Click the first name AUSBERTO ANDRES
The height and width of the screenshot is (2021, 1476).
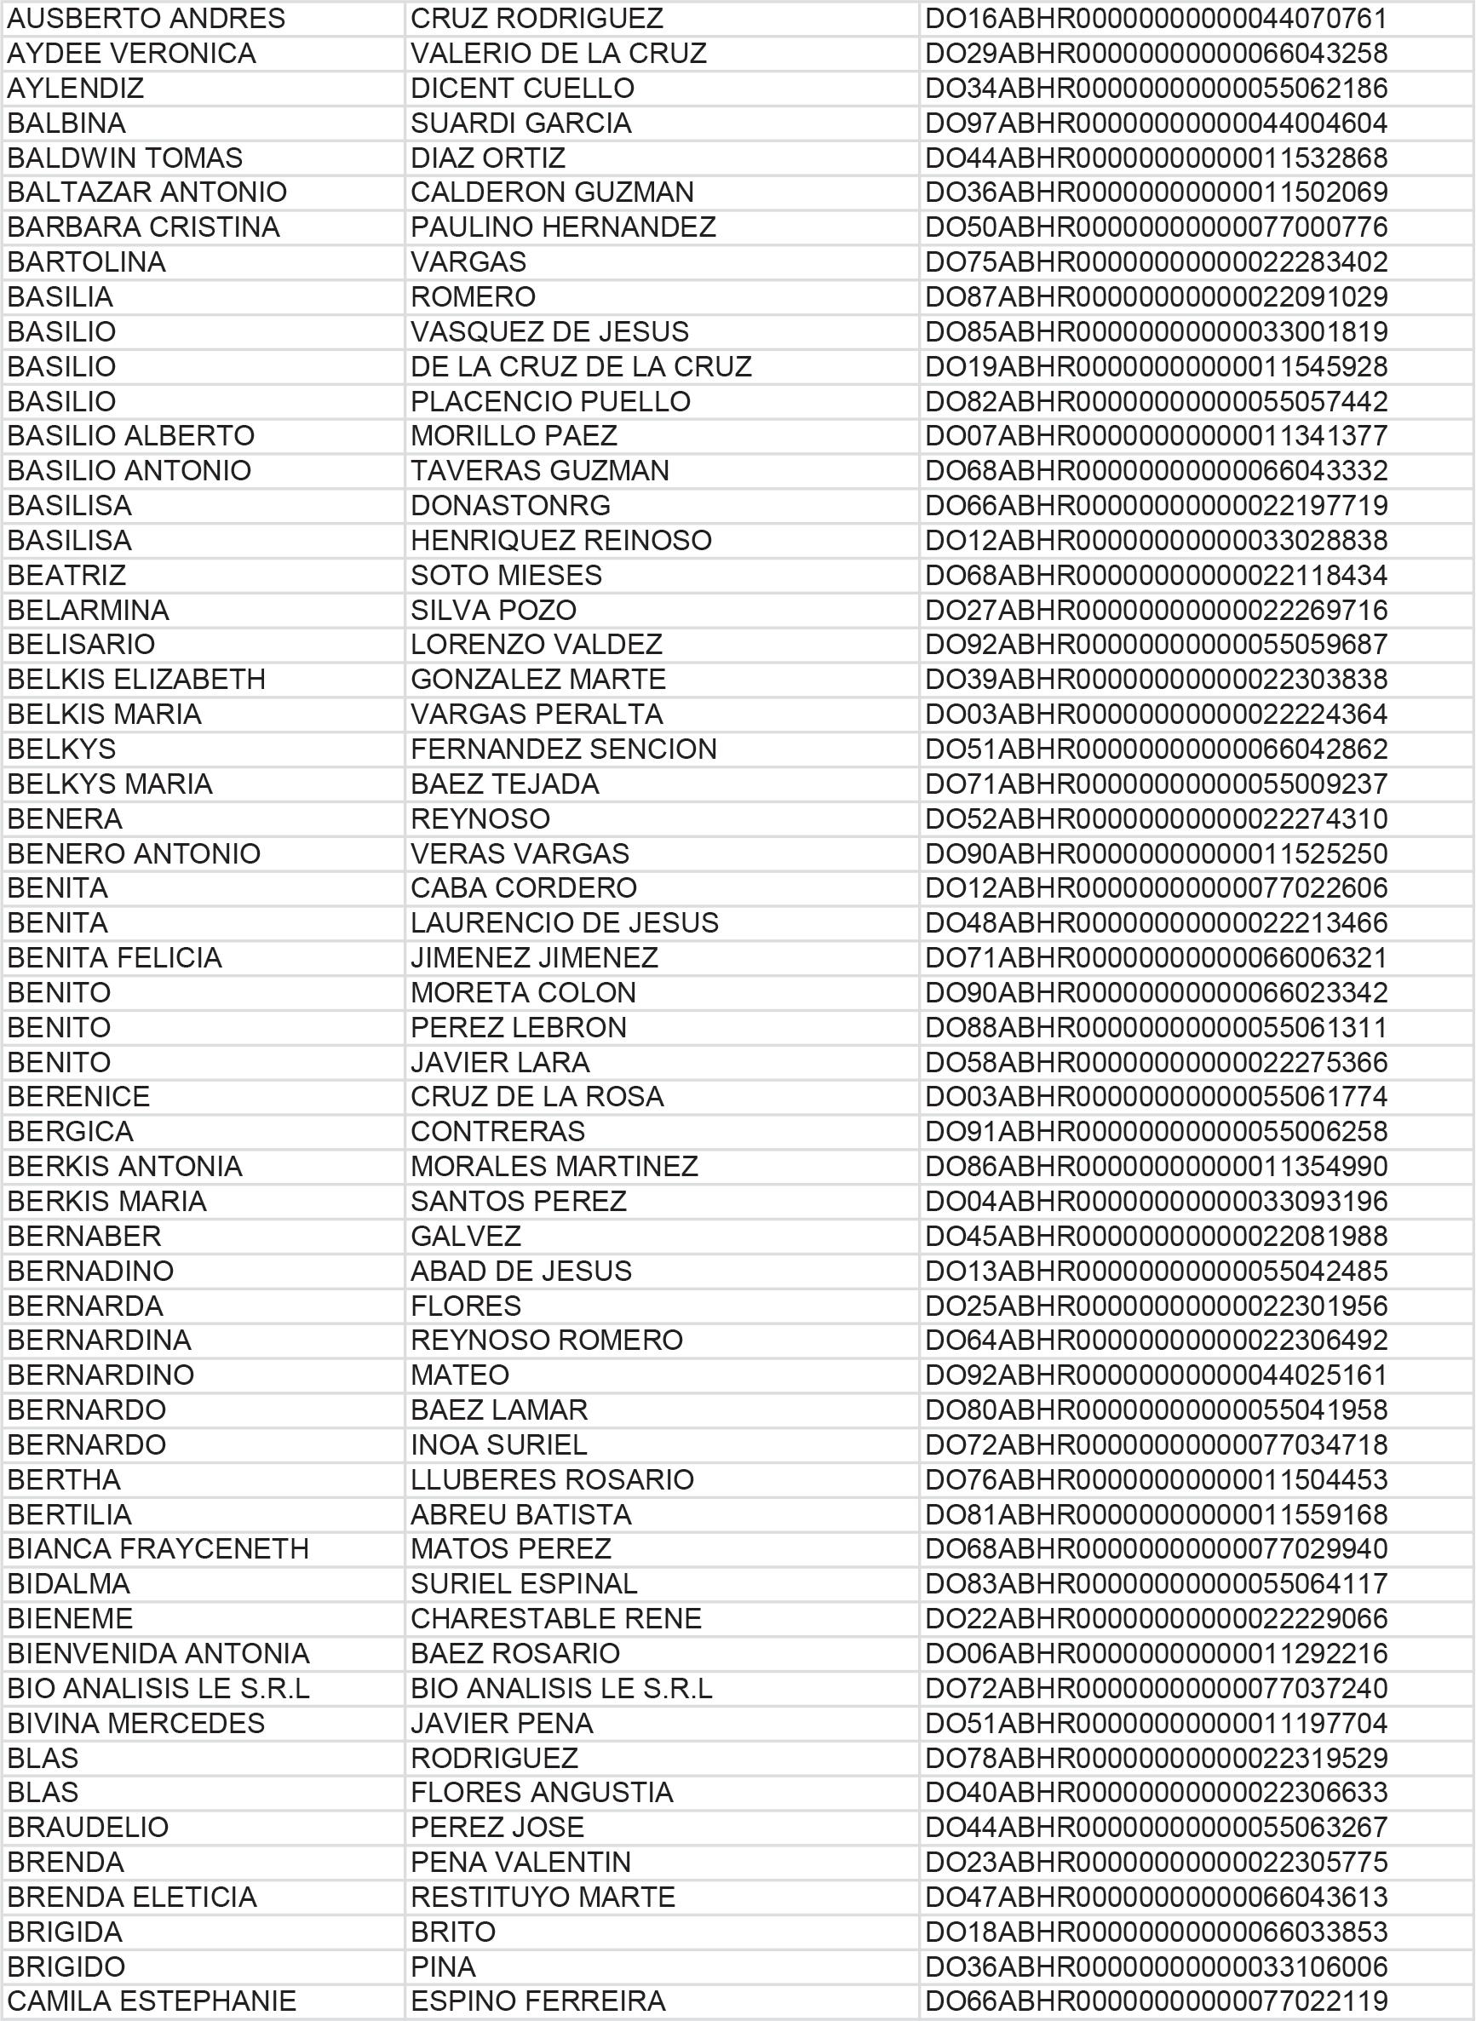point(146,19)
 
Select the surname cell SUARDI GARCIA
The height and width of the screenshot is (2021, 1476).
point(521,123)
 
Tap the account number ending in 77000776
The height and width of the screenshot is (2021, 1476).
point(1155,227)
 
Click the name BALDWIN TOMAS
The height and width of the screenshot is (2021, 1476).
point(125,158)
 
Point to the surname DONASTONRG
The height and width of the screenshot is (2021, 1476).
point(510,506)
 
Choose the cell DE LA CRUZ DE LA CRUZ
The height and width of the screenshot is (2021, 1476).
point(581,366)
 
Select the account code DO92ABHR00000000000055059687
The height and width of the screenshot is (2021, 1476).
point(1155,644)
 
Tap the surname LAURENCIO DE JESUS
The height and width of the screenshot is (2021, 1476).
point(564,922)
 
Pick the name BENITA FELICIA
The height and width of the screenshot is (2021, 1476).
point(114,957)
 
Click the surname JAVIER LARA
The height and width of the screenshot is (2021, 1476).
point(499,1062)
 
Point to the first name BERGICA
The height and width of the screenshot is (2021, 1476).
point(71,1131)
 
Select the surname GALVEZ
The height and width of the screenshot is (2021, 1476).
point(466,1236)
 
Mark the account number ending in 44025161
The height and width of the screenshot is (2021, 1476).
point(1155,1374)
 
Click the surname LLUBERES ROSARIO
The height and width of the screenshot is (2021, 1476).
point(552,1478)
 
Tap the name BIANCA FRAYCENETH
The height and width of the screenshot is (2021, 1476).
point(158,1548)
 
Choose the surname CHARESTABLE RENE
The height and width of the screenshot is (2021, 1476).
point(555,1618)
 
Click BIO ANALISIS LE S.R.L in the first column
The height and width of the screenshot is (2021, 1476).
point(158,1688)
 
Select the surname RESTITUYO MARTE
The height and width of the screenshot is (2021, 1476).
point(543,1897)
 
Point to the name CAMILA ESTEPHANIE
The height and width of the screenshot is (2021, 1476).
point(152,2001)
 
